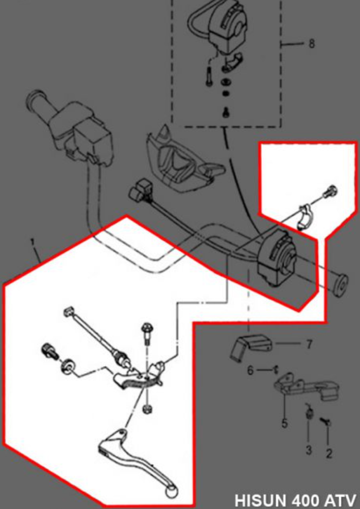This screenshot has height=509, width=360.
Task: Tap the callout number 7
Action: pos(309,345)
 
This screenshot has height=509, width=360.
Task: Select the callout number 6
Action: pos(250,371)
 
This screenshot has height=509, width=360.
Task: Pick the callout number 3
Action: pos(309,450)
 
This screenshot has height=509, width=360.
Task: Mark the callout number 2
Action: pos(329,453)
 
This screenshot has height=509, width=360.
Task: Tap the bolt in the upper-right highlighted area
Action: pos(330,192)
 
